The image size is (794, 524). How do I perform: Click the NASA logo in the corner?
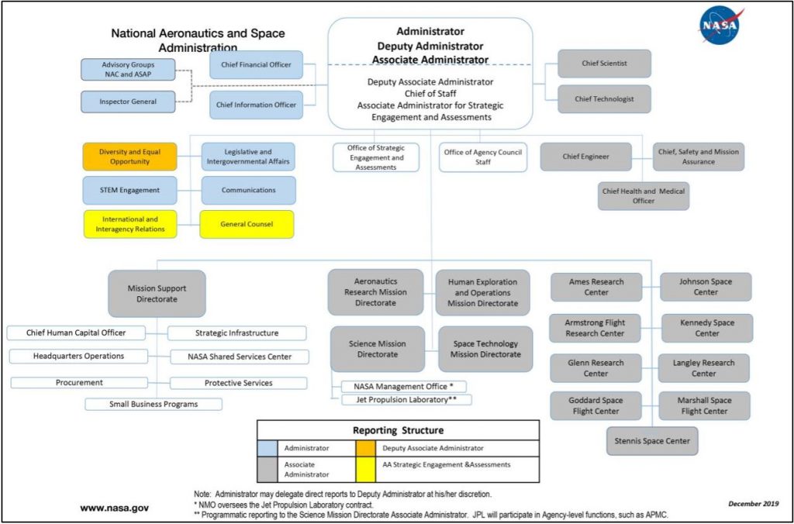[x=720, y=26]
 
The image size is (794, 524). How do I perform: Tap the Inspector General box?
[x=127, y=102]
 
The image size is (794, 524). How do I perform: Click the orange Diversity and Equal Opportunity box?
[x=129, y=157]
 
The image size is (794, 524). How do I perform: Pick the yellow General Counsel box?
[x=247, y=224]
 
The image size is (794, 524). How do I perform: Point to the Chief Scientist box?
[x=604, y=64]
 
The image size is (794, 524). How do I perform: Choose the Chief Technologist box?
[x=604, y=99]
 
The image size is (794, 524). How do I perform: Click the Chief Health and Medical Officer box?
[x=643, y=196]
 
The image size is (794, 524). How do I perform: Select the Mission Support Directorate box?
[x=157, y=294]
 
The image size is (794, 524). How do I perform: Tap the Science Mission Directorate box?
[x=378, y=349]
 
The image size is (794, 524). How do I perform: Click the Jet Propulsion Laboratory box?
[x=406, y=400]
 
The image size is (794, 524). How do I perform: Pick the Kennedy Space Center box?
[x=706, y=328]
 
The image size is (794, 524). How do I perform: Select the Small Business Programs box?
[x=154, y=404]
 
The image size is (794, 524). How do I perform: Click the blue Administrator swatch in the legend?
[x=269, y=448]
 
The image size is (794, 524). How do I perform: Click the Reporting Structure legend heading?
[x=398, y=430]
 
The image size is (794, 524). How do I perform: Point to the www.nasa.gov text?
[x=114, y=508]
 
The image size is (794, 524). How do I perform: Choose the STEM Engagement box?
[x=129, y=190]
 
